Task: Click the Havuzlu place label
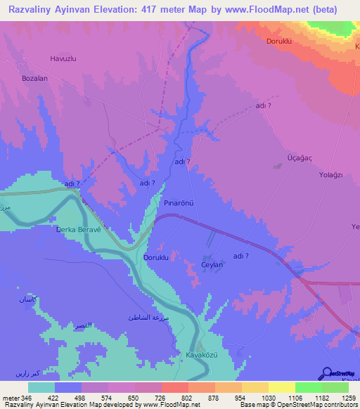(x=62, y=58)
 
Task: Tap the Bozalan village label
(x=34, y=79)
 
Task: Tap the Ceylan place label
(x=212, y=265)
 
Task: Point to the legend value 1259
(x=349, y=398)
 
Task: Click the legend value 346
(x=27, y=398)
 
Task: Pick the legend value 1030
(x=268, y=398)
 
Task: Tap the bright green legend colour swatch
(x=308, y=387)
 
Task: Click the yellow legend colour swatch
(x=281, y=387)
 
